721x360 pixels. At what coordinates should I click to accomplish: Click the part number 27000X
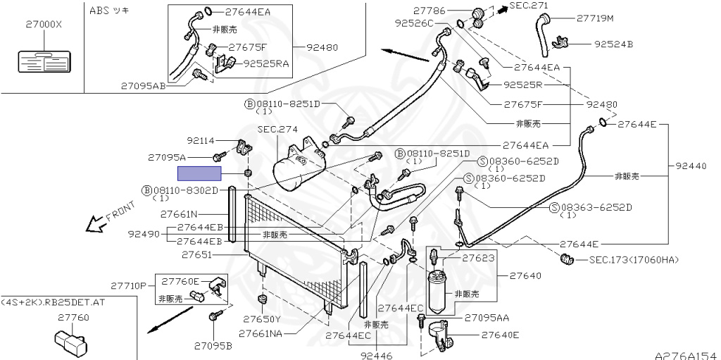(x=44, y=24)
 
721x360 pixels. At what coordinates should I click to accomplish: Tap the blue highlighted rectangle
(x=199, y=173)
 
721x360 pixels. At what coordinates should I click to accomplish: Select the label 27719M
(x=595, y=18)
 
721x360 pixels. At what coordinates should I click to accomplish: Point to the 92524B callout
(x=613, y=44)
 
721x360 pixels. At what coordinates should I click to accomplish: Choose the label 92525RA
(x=266, y=63)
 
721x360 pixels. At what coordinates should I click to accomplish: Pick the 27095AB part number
(x=144, y=86)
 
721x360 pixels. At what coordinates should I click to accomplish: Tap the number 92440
(x=691, y=166)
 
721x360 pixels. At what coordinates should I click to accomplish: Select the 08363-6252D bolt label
(x=596, y=207)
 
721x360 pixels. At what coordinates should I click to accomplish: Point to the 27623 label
(x=479, y=259)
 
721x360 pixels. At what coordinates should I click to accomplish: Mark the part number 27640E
(x=500, y=335)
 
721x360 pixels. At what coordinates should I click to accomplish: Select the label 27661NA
(x=261, y=333)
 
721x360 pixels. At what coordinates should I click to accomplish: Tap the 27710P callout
(x=129, y=286)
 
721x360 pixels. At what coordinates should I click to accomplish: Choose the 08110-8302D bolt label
(x=185, y=190)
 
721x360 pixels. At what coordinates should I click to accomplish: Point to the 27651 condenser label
(x=197, y=254)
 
